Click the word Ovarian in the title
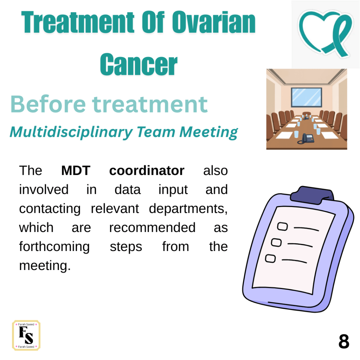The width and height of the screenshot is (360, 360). tap(214, 22)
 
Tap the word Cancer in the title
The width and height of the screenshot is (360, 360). tap(139, 64)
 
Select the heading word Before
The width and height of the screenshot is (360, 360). tap(48, 104)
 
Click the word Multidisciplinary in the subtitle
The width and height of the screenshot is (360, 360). tap(71, 133)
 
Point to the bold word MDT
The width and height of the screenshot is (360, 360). tap(76, 171)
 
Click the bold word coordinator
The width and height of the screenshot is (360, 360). tap(147, 171)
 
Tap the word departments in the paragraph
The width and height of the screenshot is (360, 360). tap(188, 209)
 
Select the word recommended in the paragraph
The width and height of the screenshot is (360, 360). tap(152, 227)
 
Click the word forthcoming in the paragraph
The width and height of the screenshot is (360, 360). tap(54, 247)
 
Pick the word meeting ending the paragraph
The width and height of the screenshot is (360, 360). tap(45, 266)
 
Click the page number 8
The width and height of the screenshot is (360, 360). tap(344, 341)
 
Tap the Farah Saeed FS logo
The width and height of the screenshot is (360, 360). tap(26, 335)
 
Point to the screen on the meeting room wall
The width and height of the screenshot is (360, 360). tap(306, 97)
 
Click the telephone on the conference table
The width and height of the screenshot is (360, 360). tap(306, 139)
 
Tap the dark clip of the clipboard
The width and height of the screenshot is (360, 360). tap(313, 195)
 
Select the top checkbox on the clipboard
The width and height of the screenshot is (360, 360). tap(282, 226)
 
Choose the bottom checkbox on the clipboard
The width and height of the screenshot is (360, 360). tap(270, 258)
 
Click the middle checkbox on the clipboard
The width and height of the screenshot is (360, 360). tap(276, 243)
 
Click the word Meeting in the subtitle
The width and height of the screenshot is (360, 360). tap(208, 133)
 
